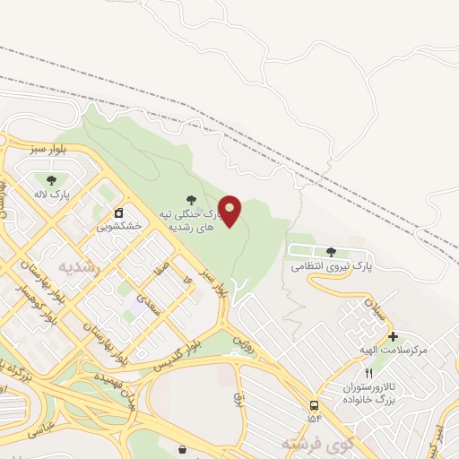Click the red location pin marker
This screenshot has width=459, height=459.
pos(230,211)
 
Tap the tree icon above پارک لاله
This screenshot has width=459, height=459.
pos(63,181)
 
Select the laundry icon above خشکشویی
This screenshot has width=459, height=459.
pos(118,213)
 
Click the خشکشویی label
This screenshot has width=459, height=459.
pos(120,227)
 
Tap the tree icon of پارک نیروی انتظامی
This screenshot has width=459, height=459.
pos(332,252)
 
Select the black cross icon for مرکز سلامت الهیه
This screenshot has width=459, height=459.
pos(393,335)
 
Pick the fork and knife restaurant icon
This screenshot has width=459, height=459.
pos(368,373)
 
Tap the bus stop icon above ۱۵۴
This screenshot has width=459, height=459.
pos(314,404)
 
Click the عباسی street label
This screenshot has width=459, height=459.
pos(44,428)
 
